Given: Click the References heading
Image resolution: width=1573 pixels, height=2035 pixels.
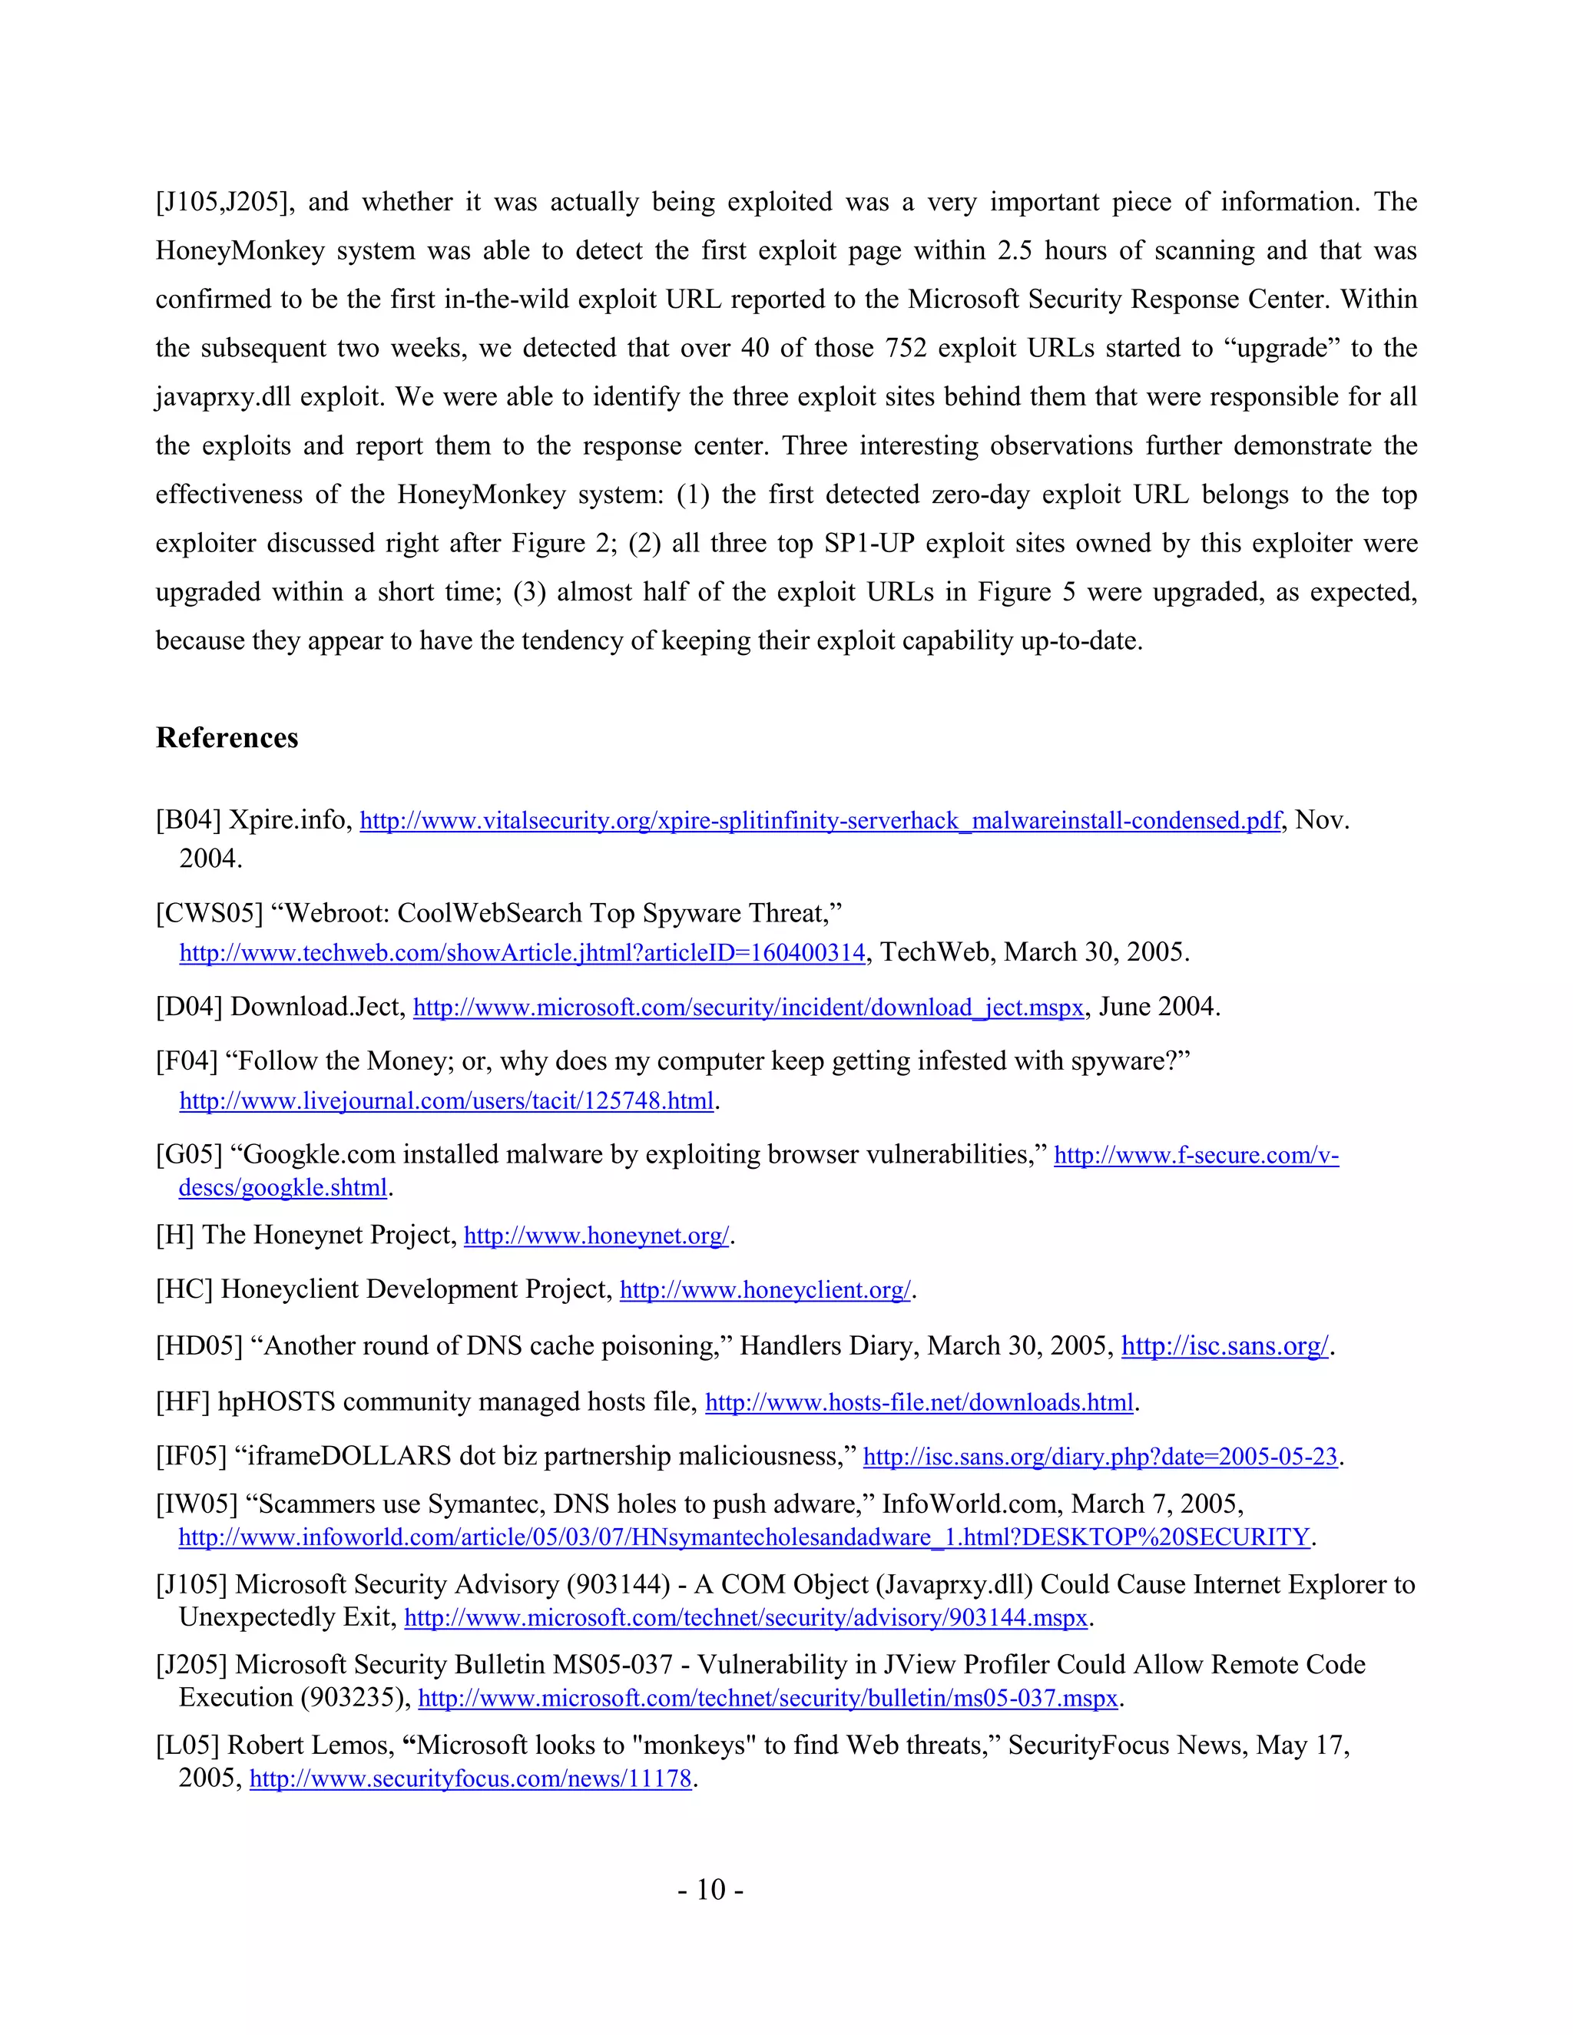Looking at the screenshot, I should tap(227, 738).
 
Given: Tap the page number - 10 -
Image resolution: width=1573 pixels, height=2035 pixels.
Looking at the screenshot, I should tap(710, 1889).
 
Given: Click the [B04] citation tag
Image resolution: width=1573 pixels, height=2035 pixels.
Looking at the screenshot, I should tap(188, 820).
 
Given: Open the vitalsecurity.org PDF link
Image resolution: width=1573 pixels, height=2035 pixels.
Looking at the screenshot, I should tap(820, 821).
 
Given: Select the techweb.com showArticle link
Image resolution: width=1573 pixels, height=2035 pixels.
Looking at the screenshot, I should tap(522, 953).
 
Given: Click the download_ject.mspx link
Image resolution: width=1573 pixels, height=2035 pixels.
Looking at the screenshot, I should tap(748, 1008).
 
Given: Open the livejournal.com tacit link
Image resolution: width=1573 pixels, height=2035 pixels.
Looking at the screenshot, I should tap(446, 1101).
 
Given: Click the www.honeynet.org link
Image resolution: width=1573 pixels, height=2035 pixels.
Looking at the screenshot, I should tap(596, 1236).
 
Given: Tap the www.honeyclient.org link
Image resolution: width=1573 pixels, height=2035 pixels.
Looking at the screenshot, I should tap(765, 1291).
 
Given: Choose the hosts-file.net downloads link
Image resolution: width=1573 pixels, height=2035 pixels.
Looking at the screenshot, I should tap(919, 1403).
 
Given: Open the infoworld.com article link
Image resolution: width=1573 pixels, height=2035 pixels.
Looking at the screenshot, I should tap(743, 1537).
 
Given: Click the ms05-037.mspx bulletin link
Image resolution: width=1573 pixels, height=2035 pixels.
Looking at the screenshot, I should tap(768, 1699).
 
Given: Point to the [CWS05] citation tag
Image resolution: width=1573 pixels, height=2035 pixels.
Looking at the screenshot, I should tap(209, 913).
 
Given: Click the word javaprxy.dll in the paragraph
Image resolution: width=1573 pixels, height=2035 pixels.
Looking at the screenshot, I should tap(222, 397).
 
